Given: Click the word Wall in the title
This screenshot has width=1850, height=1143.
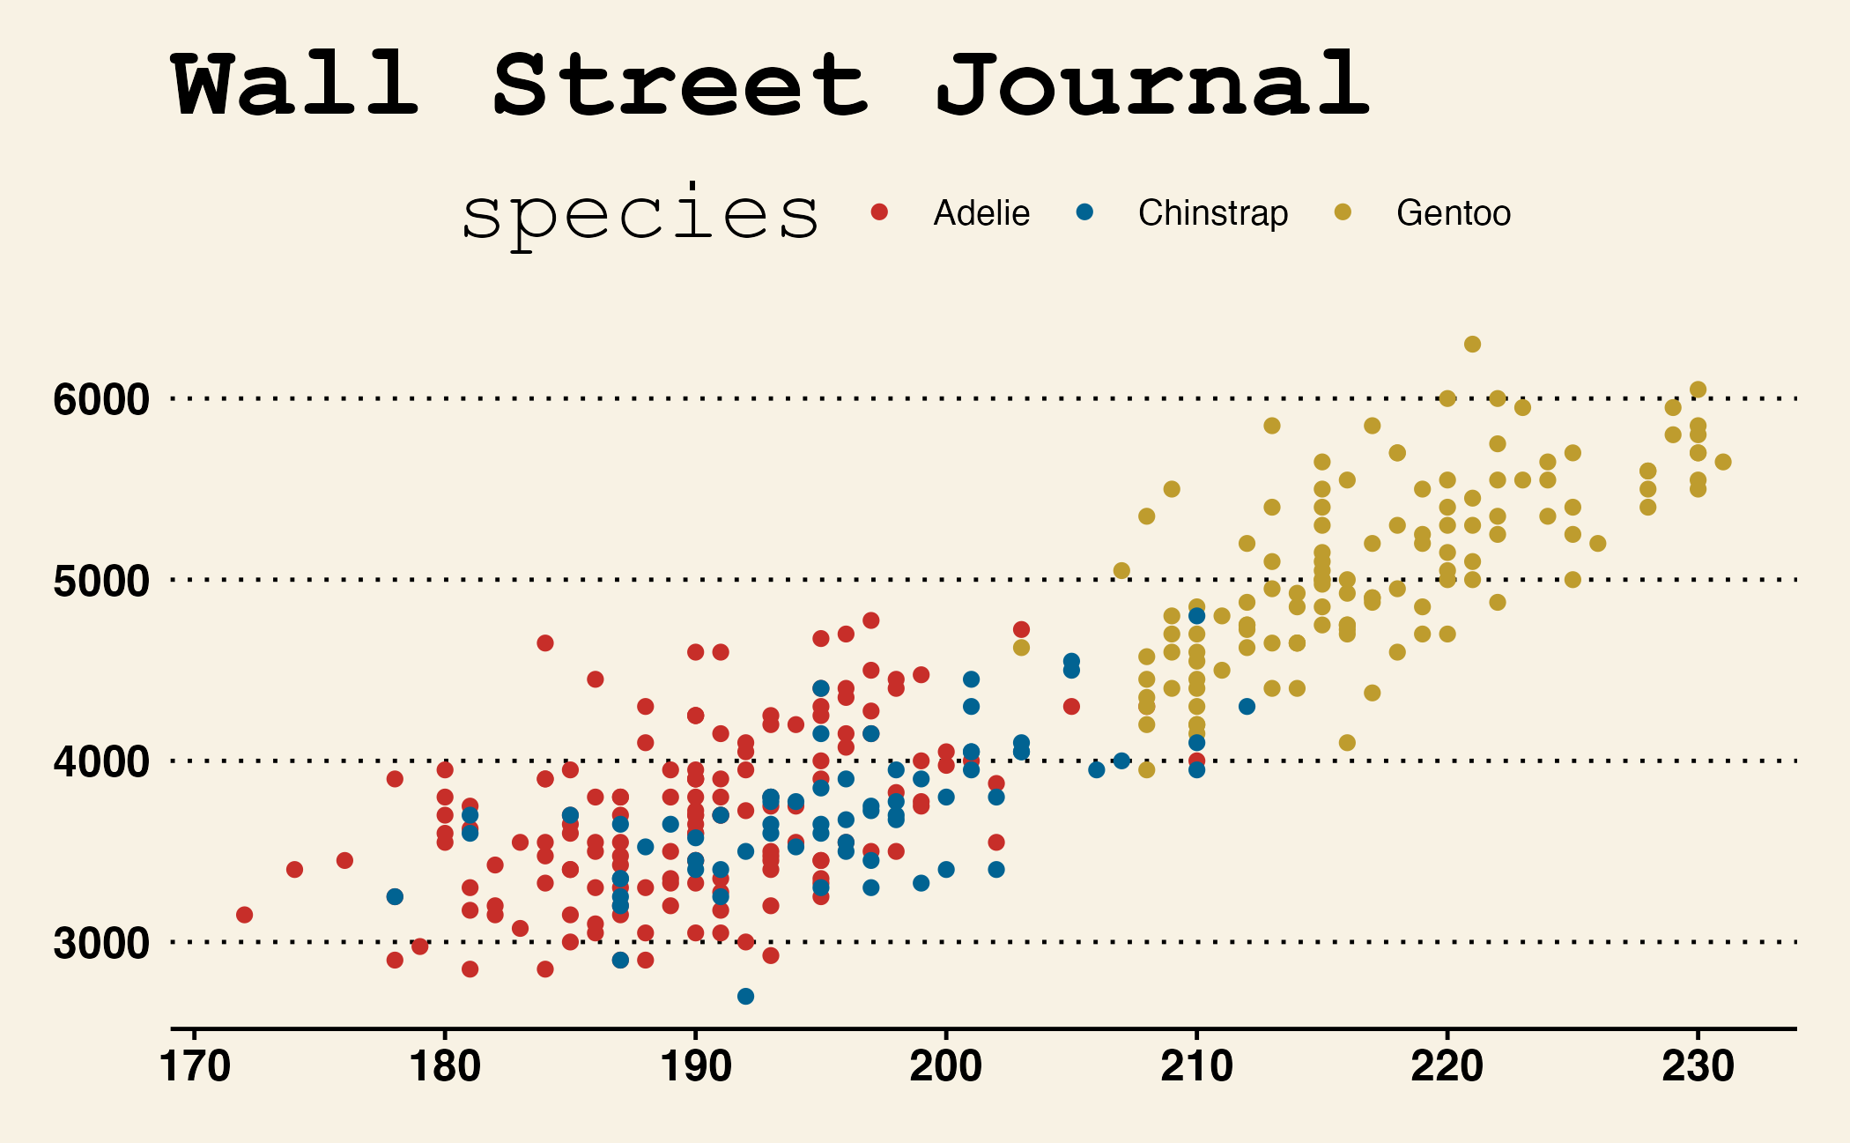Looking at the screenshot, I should (296, 85).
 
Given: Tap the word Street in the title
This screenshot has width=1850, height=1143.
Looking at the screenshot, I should (680, 85).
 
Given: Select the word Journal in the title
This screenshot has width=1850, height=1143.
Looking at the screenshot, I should (1152, 85).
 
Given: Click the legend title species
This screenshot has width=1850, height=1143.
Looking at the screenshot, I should (640, 215).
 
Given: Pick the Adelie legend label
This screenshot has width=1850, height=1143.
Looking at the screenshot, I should (981, 213).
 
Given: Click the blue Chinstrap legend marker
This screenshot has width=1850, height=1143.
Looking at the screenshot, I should (1084, 212).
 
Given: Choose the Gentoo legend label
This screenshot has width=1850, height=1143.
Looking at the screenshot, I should (1454, 213).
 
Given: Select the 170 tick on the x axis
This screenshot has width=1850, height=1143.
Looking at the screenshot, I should (195, 1067).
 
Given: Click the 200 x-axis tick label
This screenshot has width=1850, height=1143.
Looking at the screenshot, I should (945, 1067).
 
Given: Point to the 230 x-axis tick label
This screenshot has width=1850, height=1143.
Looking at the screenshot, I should (1698, 1067).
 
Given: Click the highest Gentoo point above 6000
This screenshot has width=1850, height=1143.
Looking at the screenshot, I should (1472, 344).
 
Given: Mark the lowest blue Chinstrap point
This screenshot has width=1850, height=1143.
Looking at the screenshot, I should (745, 996).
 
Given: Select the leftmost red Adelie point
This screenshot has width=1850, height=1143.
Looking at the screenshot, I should (245, 915).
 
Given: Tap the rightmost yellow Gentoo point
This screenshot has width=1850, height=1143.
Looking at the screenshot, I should (1723, 462).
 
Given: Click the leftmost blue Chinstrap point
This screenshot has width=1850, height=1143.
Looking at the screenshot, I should (395, 896).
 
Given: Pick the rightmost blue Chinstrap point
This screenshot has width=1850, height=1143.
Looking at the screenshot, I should (1247, 706).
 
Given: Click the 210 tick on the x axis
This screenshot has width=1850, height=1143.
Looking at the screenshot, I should (1196, 1067).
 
